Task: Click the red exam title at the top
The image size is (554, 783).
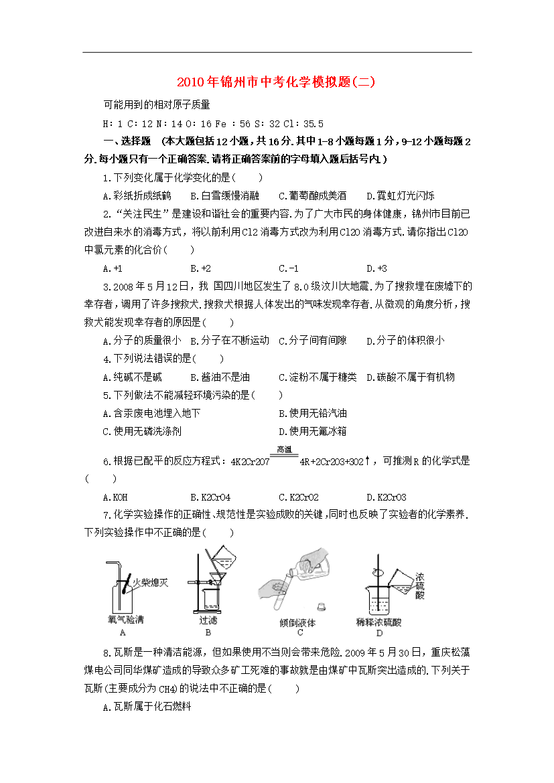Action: click(276, 83)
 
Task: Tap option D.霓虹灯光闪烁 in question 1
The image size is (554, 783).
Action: click(401, 196)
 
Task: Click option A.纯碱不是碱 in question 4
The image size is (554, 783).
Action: click(133, 377)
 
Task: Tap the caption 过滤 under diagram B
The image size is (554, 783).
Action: click(208, 620)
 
